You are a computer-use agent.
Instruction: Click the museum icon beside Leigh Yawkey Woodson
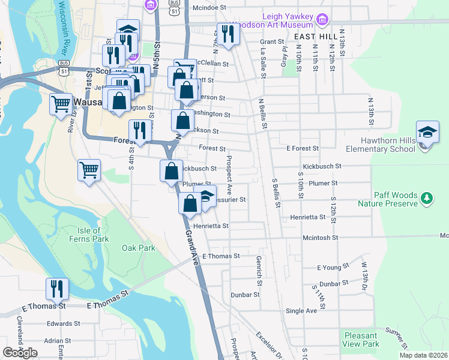click(x=322, y=20)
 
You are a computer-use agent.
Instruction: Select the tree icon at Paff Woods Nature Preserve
click(x=426, y=197)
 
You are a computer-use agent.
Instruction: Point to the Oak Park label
click(x=138, y=248)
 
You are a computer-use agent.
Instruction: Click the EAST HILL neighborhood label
click(x=315, y=37)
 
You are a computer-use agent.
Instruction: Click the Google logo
click(x=20, y=353)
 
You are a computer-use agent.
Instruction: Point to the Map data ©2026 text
click(x=423, y=355)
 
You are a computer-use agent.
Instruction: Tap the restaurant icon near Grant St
click(x=228, y=34)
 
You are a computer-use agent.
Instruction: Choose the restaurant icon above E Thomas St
click(x=57, y=289)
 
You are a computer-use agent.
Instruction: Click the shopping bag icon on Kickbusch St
click(x=171, y=170)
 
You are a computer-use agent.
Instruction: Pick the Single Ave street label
click(x=301, y=311)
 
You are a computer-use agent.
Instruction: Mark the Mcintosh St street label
click(x=320, y=238)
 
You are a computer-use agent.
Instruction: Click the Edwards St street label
click(x=59, y=323)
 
